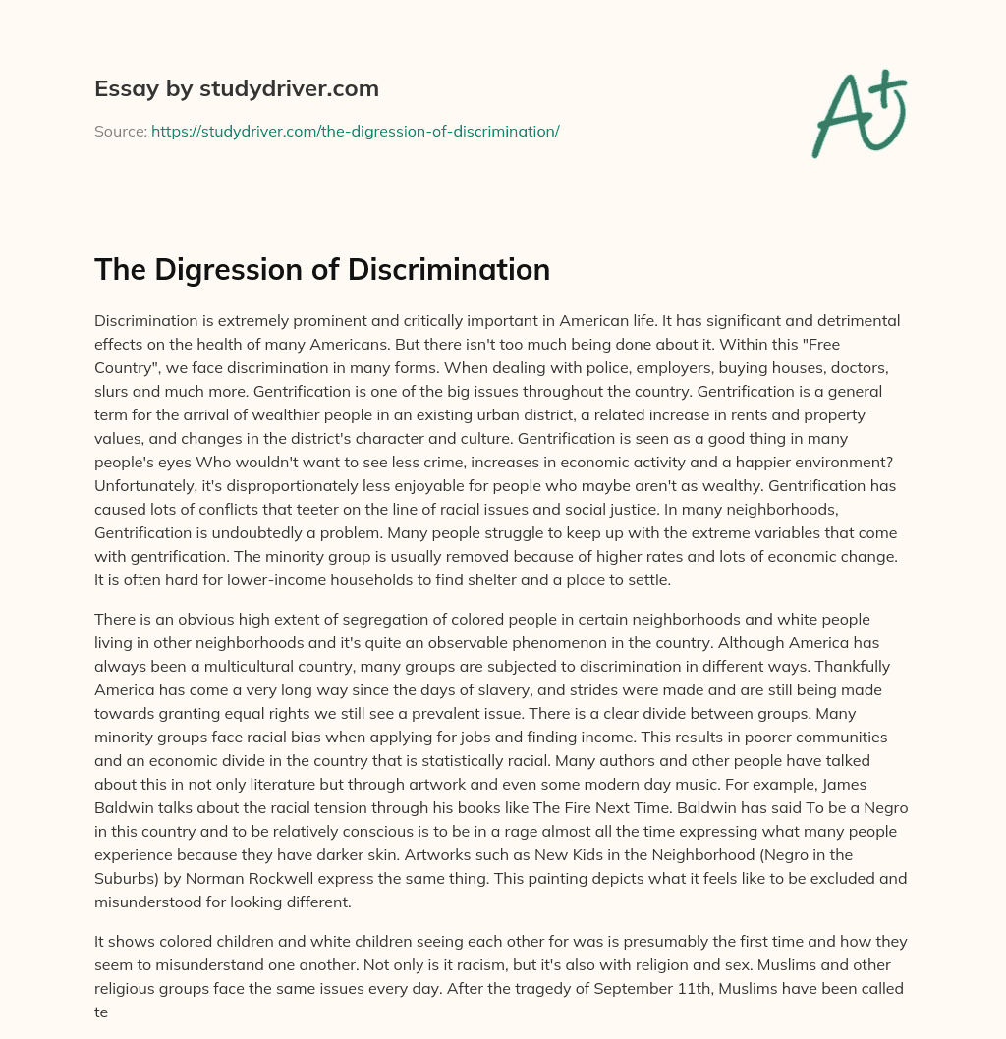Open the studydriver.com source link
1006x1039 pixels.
pos(355,131)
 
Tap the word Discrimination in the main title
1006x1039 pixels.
pos(449,270)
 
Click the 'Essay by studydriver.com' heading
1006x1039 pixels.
pos(236,88)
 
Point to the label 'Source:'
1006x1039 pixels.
pos(120,131)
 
